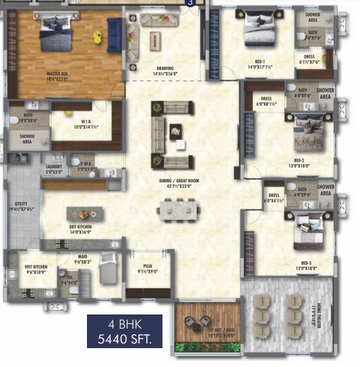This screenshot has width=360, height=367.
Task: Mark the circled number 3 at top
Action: (191, 3)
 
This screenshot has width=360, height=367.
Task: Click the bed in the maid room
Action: (108, 272)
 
